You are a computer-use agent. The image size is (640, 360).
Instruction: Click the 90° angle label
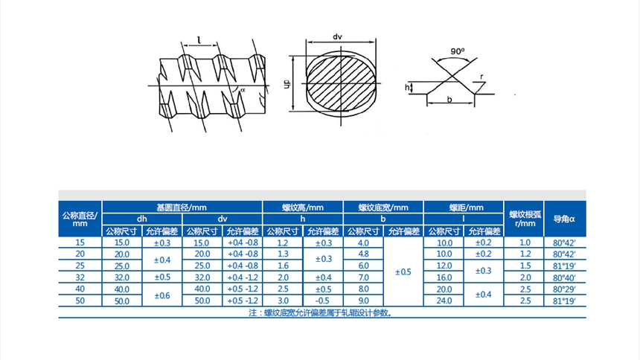click(458, 51)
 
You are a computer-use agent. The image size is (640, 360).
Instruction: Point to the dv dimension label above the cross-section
click(337, 36)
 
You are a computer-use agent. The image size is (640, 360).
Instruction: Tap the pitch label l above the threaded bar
click(199, 40)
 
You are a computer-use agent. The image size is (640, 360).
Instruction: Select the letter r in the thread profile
click(481, 77)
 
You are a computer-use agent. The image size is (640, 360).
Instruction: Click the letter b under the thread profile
click(449, 99)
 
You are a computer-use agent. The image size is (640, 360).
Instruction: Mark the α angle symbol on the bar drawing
click(243, 90)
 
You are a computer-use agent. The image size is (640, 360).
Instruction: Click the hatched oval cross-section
click(341, 83)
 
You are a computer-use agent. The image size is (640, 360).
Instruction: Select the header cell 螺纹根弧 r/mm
click(525, 219)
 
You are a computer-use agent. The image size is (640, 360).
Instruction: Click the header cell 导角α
click(565, 219)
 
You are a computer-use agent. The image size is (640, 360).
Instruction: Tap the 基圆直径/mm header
click(182, 208)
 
